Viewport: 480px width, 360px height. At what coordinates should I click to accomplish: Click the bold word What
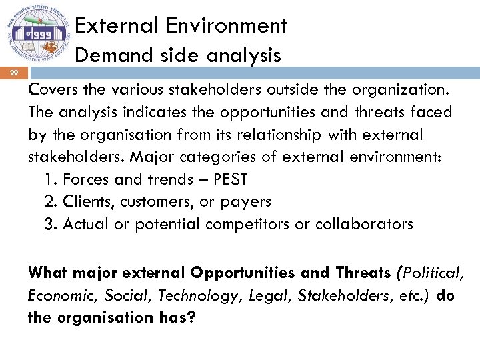pos(49,273)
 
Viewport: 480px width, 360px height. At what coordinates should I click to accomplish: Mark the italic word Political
pos(432,273)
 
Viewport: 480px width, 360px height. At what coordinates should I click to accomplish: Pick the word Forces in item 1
pos(87,179)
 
